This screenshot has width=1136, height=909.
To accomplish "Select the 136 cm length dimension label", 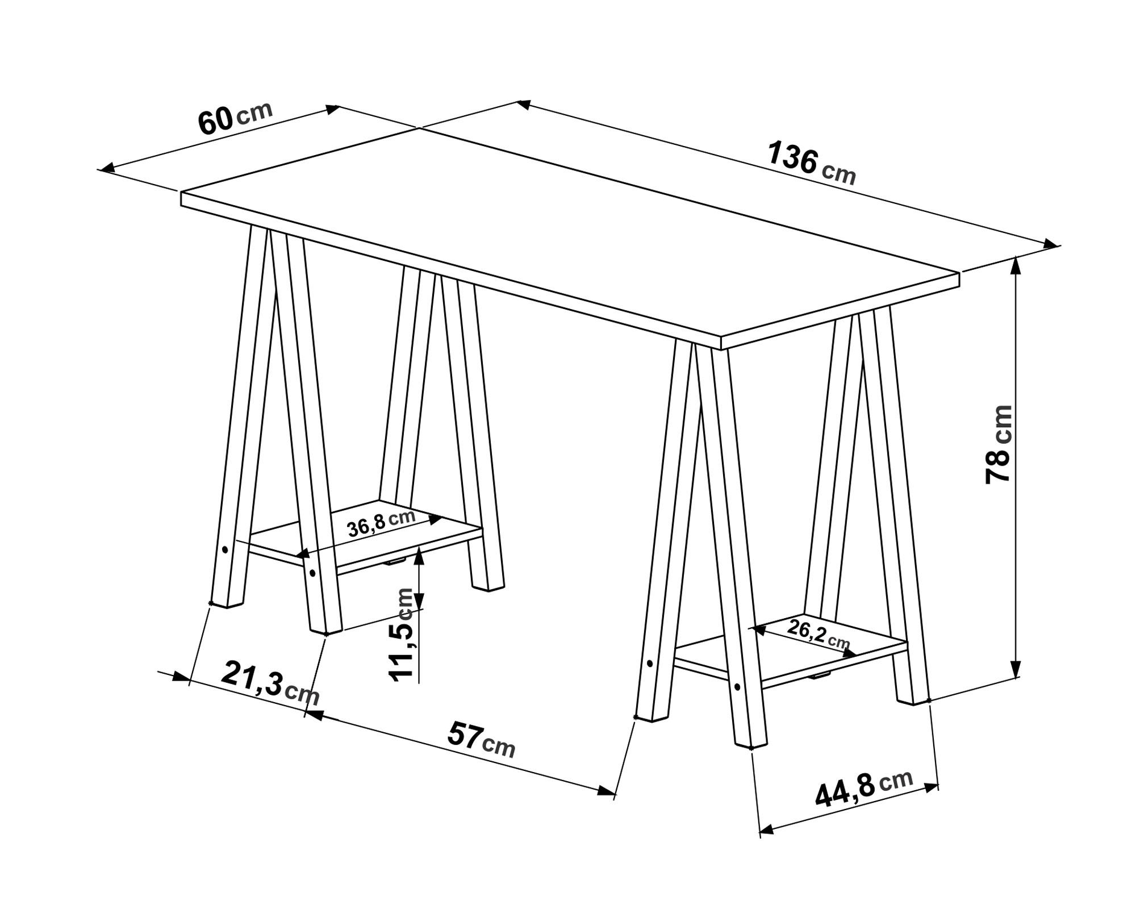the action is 811,164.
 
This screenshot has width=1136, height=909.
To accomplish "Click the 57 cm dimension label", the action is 481,739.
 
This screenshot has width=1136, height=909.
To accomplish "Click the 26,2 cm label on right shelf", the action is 818,634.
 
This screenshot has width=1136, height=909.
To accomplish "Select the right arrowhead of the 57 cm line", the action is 607,790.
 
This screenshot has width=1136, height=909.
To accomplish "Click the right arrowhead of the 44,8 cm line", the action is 929,787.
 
